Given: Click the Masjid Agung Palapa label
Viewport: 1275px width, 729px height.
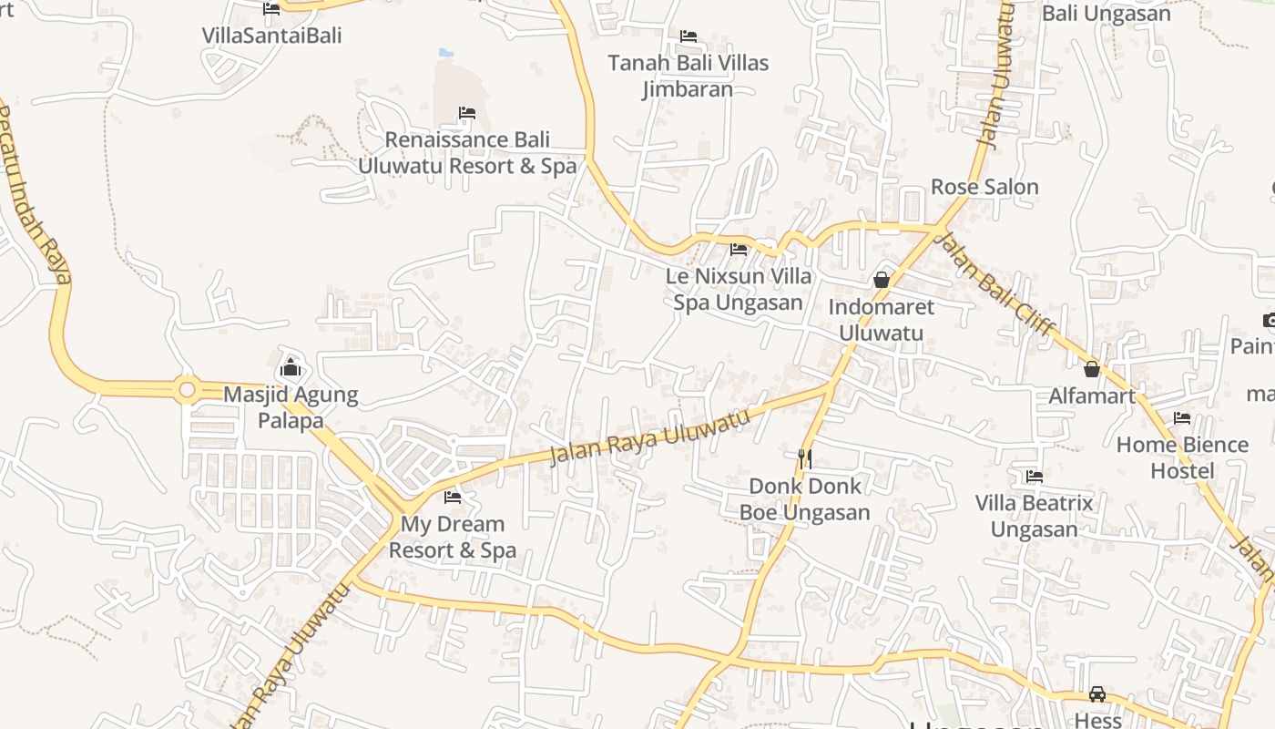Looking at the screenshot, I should [x=291, y=407].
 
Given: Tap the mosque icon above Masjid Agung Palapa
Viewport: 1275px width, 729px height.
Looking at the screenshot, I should [x=291, y=367].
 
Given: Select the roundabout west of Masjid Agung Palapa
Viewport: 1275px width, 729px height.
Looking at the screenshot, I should [x=188, y=390].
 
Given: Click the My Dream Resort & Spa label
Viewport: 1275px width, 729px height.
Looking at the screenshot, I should [x=453, y=537].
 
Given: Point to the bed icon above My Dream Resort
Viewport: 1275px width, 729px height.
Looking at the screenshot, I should [x=453, y=497].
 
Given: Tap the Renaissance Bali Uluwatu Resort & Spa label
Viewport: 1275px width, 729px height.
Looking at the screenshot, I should [x=467, y=152].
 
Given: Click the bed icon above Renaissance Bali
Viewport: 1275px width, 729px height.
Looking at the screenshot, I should [x=467, y=113].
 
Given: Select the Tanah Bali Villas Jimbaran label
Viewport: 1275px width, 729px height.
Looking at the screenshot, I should [x=688, y=76].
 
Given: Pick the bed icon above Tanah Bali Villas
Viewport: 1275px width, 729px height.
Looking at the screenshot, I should [x=688, y=36].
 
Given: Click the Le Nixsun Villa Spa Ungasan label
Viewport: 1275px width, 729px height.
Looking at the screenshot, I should [x=739, y=288].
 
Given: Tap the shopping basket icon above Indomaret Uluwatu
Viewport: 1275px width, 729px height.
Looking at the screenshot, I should [x=882, y=280].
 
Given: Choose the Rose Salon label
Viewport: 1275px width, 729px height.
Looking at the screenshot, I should [x=984, y=187].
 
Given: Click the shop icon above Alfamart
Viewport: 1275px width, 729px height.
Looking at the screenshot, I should [x=1092, y=369].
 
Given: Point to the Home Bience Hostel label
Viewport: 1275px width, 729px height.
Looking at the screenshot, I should [x=1182, y=457].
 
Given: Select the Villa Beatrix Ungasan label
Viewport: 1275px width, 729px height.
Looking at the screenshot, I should [x=1034, y=516].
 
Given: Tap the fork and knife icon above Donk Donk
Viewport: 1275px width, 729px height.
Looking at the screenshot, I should [x=804, y=458].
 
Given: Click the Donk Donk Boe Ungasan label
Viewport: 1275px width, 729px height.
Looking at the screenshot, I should [x=804, y=499].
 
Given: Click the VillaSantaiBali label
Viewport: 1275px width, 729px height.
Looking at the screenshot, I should [x=271, y=36].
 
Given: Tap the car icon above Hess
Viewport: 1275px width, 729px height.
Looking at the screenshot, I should [x=1097, y=694].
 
